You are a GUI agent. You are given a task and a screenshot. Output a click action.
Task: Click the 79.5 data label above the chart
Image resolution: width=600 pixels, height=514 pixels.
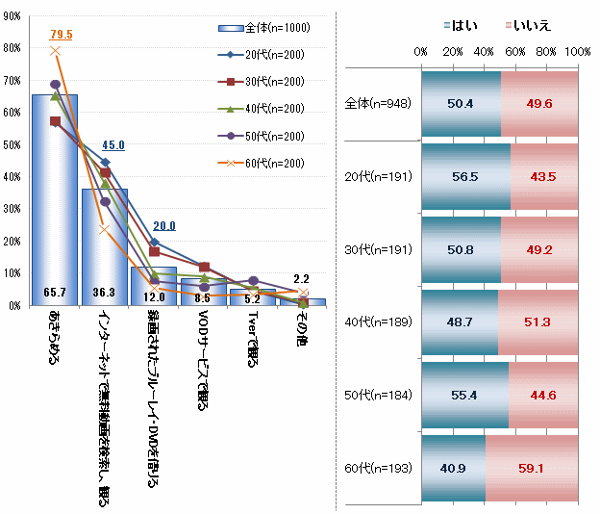pyautogui.click(x=62, y=35)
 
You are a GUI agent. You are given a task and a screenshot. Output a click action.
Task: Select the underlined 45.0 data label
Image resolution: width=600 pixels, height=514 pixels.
pyautogui.click(x=113, y=145)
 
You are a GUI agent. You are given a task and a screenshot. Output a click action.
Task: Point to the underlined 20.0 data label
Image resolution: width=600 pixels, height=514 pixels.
pyautogui.click(x=164, y=226)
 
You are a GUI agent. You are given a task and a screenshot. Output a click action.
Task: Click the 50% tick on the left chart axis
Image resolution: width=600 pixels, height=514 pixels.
pyautogui.click(x=13, y=144)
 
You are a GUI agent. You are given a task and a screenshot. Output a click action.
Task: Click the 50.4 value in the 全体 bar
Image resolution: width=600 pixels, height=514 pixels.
pyautogui.click(x=461, y=103)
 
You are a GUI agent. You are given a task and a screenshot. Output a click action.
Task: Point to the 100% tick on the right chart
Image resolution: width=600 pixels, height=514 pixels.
pyautogui.click(x=578, y=51)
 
